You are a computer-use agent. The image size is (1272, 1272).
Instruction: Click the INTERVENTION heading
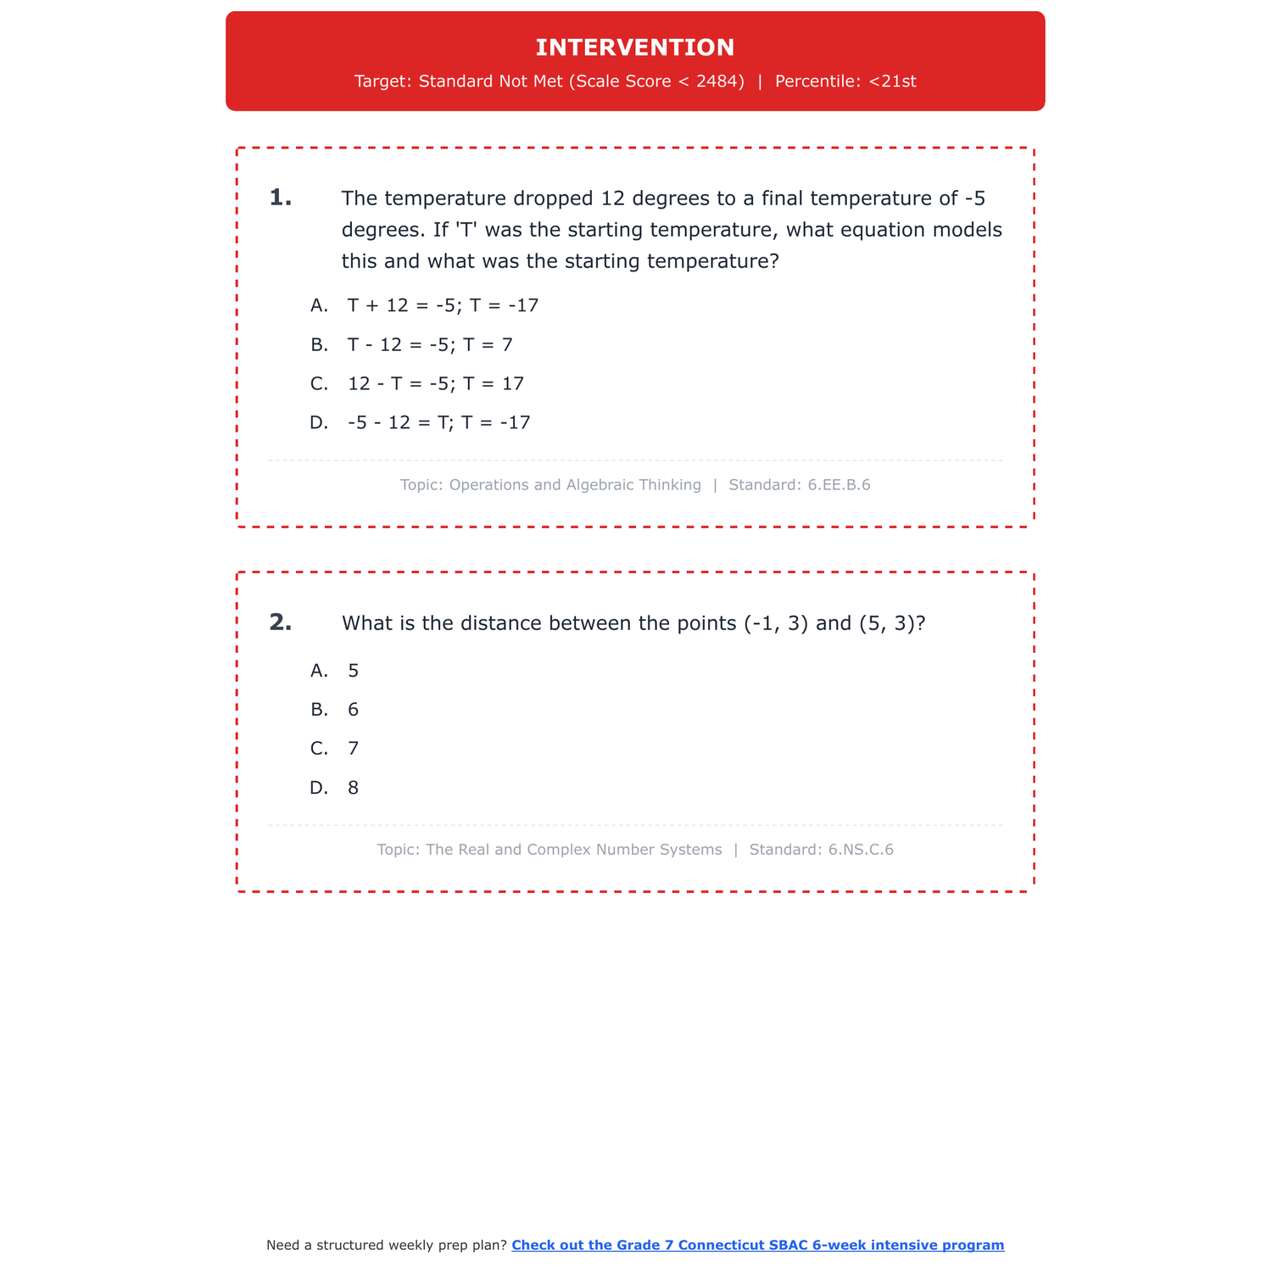tap(635, 47)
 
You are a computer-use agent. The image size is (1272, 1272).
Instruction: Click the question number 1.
tap(280, 198)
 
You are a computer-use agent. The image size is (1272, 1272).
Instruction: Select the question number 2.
tap(280, 623)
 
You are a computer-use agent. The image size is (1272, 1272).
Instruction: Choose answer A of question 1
tap(443, 305)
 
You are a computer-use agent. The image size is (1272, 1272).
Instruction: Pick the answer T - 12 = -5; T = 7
tap(430, 344)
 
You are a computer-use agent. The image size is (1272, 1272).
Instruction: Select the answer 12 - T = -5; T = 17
tap(436, 383)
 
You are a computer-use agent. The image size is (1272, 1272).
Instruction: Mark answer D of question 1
tap(438, 422)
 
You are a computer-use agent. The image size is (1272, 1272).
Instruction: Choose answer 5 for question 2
tap(353, 671)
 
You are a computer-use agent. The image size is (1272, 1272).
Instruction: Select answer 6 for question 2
tap(353, 710)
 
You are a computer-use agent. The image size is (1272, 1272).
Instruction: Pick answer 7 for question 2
tap(353, 749)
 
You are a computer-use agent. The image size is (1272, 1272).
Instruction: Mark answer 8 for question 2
tap(353, 788)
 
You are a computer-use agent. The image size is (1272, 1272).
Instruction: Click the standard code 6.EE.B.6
tap(839, 485)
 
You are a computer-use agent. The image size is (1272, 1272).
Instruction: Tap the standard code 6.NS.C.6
tap(861, 850)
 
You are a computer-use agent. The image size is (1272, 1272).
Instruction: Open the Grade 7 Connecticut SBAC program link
tap(757, 1245)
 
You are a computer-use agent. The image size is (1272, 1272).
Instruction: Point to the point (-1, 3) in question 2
tap(776, 623)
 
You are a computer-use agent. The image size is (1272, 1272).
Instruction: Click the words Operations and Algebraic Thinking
tap(575, 485)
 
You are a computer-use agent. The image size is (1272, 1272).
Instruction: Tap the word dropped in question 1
tap(554, 198)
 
